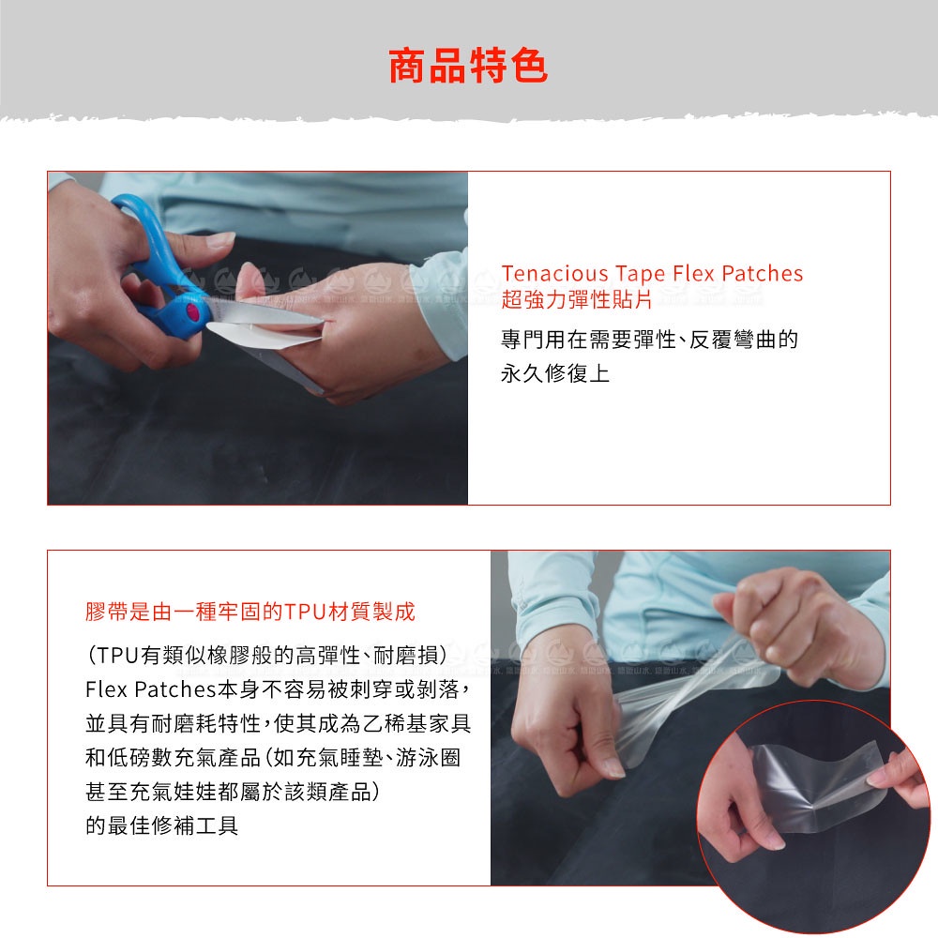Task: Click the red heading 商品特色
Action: pos(468,66)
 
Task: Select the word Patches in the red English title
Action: pos(762,273)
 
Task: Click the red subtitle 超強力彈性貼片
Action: pos(577,300)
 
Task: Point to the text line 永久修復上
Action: pos(555,374)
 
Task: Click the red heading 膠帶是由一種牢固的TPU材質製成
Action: pos(250,612)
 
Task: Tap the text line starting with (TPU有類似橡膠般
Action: pos(266,656)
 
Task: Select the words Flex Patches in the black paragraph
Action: pos(150,689)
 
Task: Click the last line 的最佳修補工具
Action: pos(161,826)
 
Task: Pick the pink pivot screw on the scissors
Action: pos(192,311)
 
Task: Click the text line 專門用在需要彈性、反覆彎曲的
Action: pos(650,340)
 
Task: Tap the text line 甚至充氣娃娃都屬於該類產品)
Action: pos(232,792)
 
